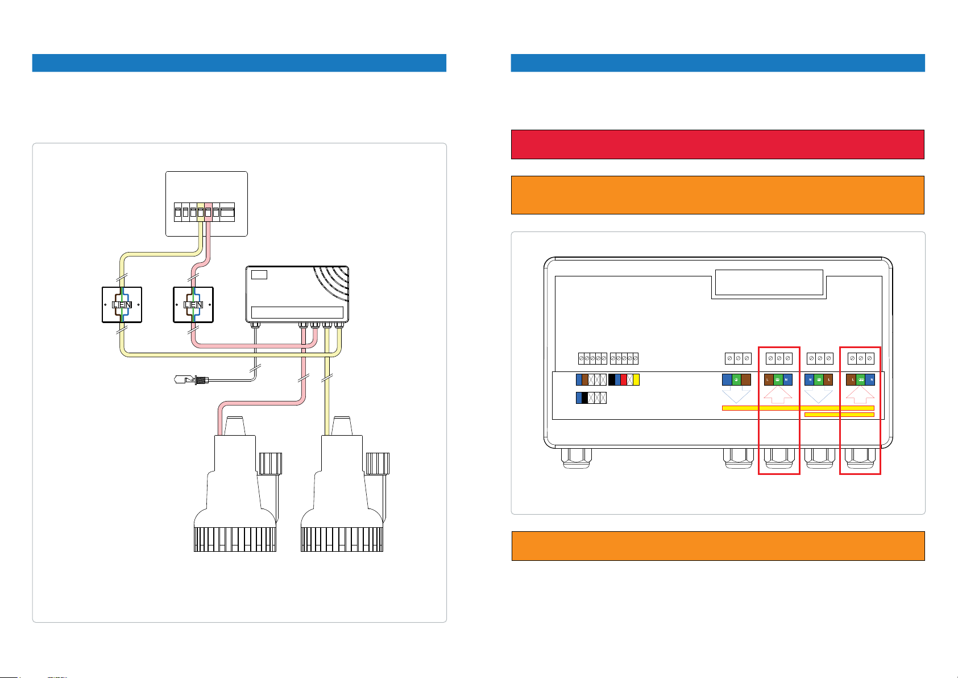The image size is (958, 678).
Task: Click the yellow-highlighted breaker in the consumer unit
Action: (x=201, y=213)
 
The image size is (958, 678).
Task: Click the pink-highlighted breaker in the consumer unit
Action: (x=209, y=213)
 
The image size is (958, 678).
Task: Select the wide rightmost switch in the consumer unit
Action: (x=227, y=213)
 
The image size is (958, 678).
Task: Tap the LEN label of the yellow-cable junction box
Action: (x=122, y=305)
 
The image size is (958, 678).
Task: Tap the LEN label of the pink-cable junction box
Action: (x=193, y=305)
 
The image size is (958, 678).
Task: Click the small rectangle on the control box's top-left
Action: (x=259, y=275)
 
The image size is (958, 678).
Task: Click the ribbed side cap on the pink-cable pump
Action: (x=271, y=463)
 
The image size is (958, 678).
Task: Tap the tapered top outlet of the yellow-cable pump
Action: (x=342, y=426)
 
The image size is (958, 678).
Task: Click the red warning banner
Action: (x=718, y=144)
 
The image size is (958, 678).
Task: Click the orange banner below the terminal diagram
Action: (x=718, y=546)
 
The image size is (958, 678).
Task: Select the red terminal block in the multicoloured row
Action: (x=624, y=380)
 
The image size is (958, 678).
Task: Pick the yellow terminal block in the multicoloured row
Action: (x=636, y=380)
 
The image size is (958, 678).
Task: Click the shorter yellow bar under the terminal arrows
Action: (x=840, y=415)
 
